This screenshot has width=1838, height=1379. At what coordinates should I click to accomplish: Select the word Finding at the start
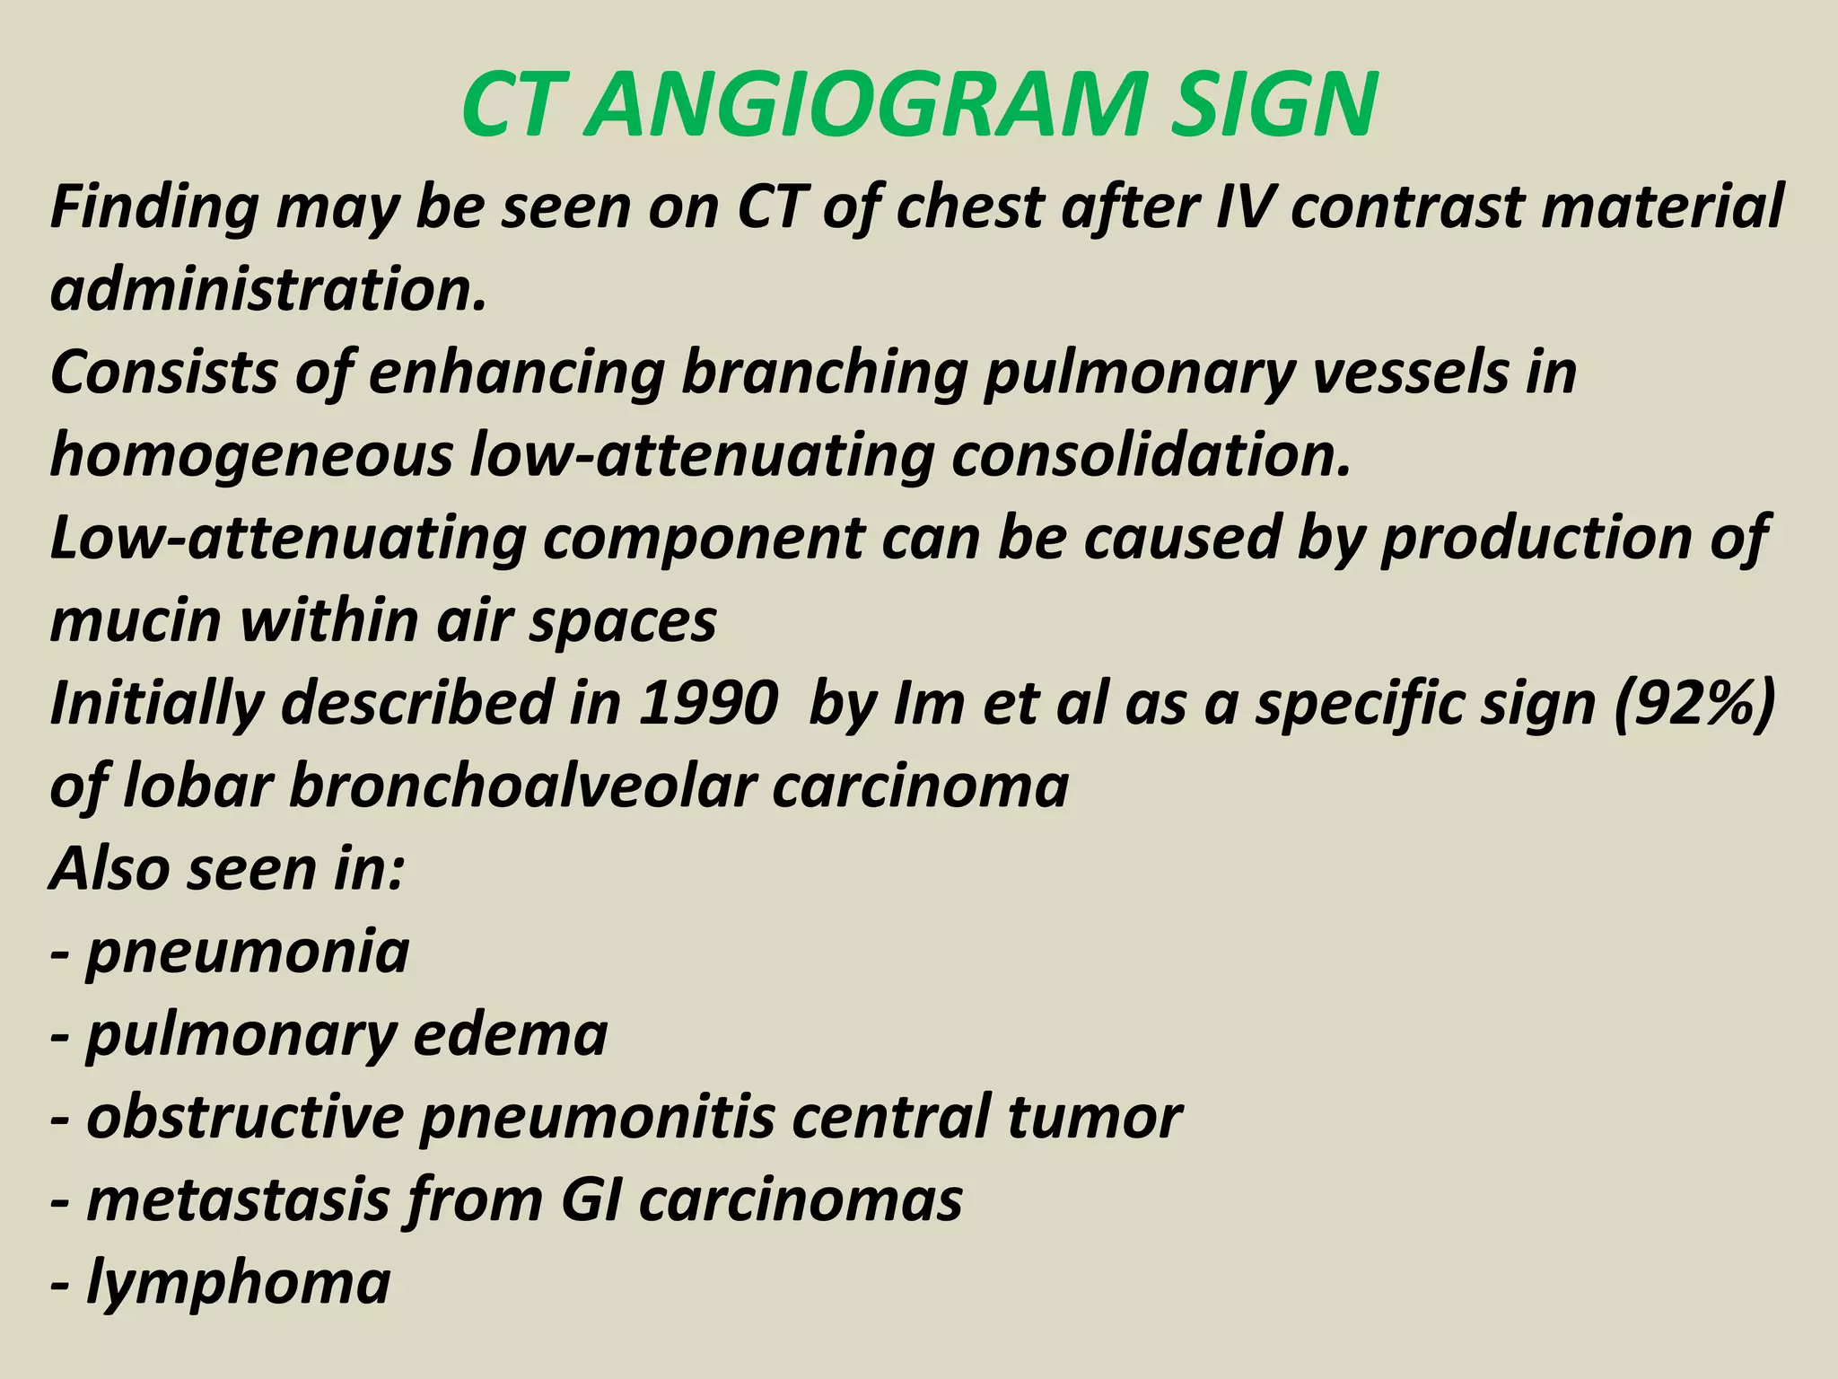pyautogui.click(x=153, y=208)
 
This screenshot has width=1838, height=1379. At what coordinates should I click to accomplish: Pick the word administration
pyautogui.click(x=268, y=289)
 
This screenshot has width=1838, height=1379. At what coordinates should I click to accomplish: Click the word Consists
pyautogui.click(x=163, y=372)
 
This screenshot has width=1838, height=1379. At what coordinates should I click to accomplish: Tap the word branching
pyautogui.click(x=823, y=372)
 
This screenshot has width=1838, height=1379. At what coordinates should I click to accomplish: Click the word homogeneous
pyautogui.click(x=252, y=455)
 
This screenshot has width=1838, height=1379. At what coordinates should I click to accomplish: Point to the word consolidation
pyautogui.click(x=1151, y=455)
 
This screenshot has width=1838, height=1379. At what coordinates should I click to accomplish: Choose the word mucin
pyautogui.click(x=136, y=620)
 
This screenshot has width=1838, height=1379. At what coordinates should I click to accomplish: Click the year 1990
pyautogui.click(x=709, y=703)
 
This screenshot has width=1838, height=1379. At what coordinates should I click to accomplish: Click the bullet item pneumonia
pyautogui.click(x=247, y=952)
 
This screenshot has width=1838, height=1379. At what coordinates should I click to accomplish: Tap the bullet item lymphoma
pyautogui.click(x=238, y=1282)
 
